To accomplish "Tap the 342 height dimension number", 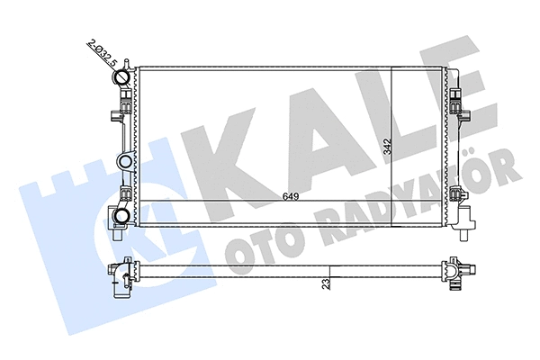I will point(387,147).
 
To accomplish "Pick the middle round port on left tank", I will point(124,162).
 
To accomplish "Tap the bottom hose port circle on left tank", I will point(122,198).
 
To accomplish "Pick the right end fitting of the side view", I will point(454,270).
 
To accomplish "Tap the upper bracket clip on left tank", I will point(114,116).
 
